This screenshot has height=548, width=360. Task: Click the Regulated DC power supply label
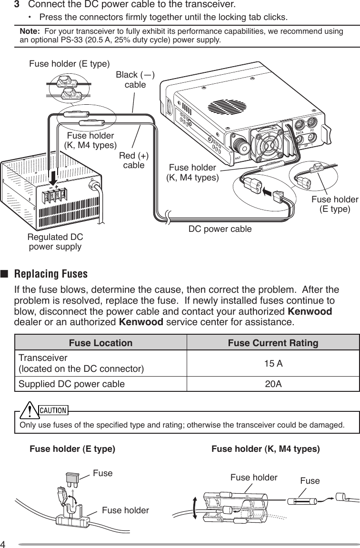coord(55,242)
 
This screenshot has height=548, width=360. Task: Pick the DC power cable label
coord(220,229)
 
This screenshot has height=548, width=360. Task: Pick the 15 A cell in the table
coord(273,364)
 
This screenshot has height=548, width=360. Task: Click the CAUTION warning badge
coord(52,410)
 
